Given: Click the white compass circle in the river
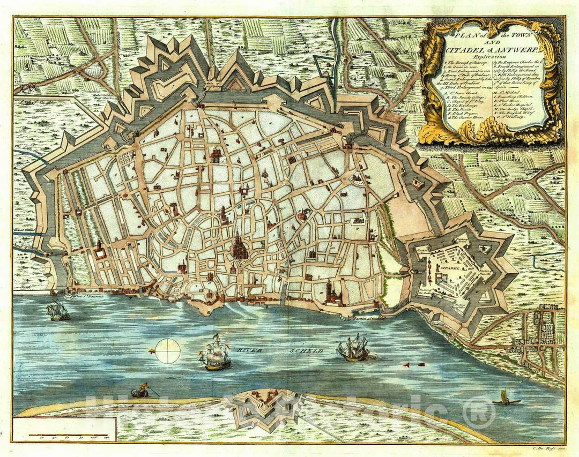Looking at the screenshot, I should coord(169,351).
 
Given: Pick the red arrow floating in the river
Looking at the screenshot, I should coord(414,364).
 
